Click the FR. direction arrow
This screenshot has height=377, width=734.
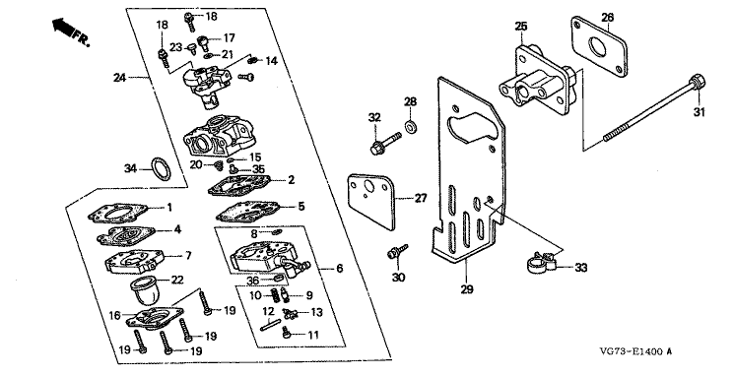click(x=63, y=27)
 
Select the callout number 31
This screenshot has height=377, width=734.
click(x=699, y=112)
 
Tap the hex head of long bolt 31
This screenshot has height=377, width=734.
click(x=698, y=84)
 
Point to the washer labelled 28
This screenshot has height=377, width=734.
click(x=411, y=126)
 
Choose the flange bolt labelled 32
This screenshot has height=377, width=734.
click(x=385, y=143)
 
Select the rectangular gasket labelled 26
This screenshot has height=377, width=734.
click(x=599, y=47)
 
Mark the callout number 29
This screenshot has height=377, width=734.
click(x=467, y=289)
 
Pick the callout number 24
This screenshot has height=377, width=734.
click(x=120, y=78)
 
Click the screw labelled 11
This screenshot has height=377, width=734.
click(x=287, y=333)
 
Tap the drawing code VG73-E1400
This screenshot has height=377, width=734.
click(x=631, y=351)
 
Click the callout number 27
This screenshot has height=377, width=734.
click(x=421, y=198)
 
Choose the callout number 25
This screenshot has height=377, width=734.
click(x=521, y=26)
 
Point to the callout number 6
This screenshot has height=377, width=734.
click(x=339, y=268)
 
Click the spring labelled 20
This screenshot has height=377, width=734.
click(x=218, y=165)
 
